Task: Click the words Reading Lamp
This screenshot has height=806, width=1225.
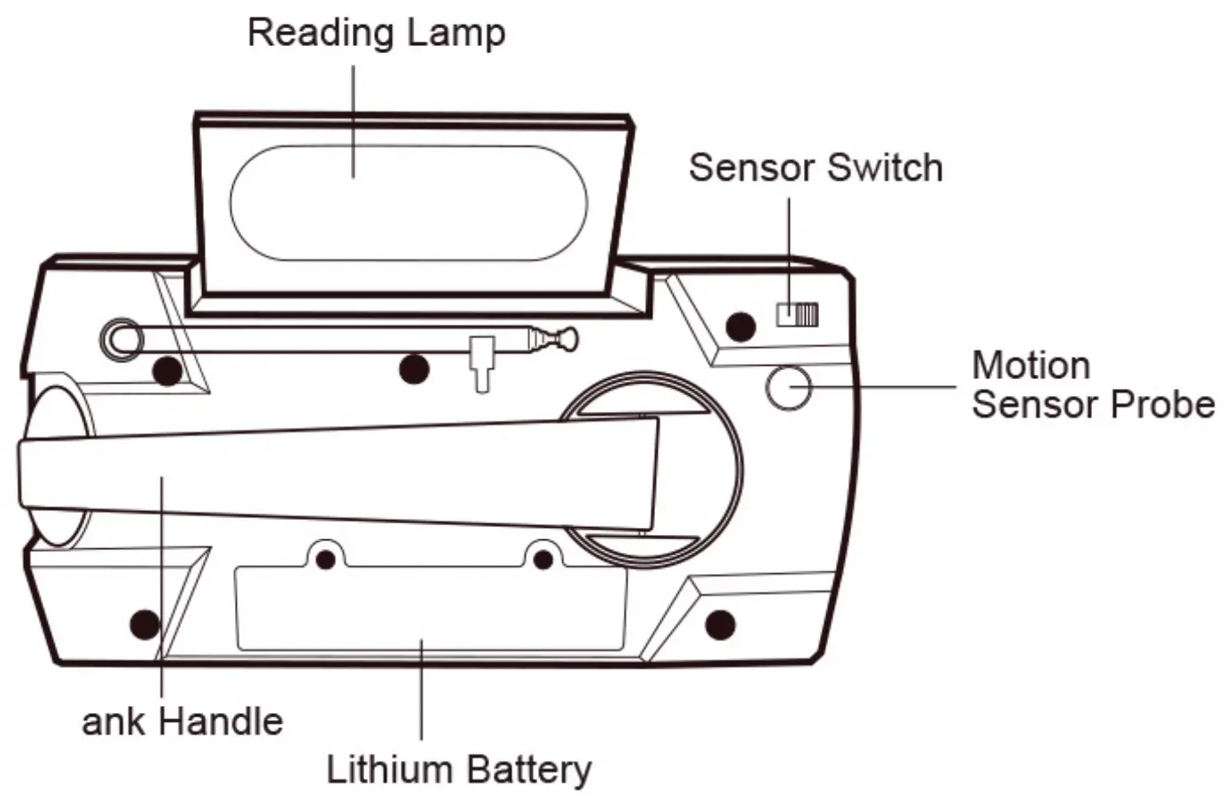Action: pos(376,33)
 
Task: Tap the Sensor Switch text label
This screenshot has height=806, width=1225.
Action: pos(815,167)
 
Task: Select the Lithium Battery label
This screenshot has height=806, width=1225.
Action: pos(458,768)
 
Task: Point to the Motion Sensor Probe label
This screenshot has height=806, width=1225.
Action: pos(1091,384)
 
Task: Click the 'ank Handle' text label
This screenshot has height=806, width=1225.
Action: pos(183,721)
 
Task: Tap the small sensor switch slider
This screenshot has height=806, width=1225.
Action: pos(797,314)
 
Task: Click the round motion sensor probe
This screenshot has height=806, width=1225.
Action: pos(787,387)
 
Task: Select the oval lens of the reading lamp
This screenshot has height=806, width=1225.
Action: pos(409,203)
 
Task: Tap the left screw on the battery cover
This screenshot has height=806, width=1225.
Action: pos(325,560)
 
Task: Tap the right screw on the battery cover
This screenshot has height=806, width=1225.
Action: pos(543,560)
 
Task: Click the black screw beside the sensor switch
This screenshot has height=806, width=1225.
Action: pos(740,327)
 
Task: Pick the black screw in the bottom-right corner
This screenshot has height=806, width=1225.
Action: pos(720,624)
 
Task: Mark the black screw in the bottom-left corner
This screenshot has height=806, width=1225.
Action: pos(144,624)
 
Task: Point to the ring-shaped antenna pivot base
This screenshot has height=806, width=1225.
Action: pos(121,338)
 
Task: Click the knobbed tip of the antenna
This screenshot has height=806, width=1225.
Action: pos(565,337)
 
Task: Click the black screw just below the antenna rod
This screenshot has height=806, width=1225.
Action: pos(413,368)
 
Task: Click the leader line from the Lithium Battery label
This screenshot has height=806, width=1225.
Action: pos(421,691)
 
